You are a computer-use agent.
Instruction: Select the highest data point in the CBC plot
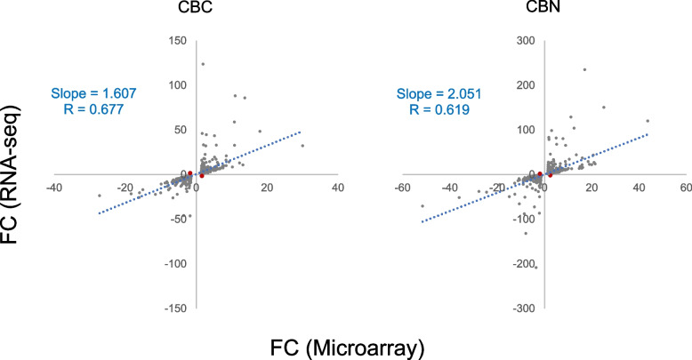[203, 64]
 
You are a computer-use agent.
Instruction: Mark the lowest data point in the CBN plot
[535, 267]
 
